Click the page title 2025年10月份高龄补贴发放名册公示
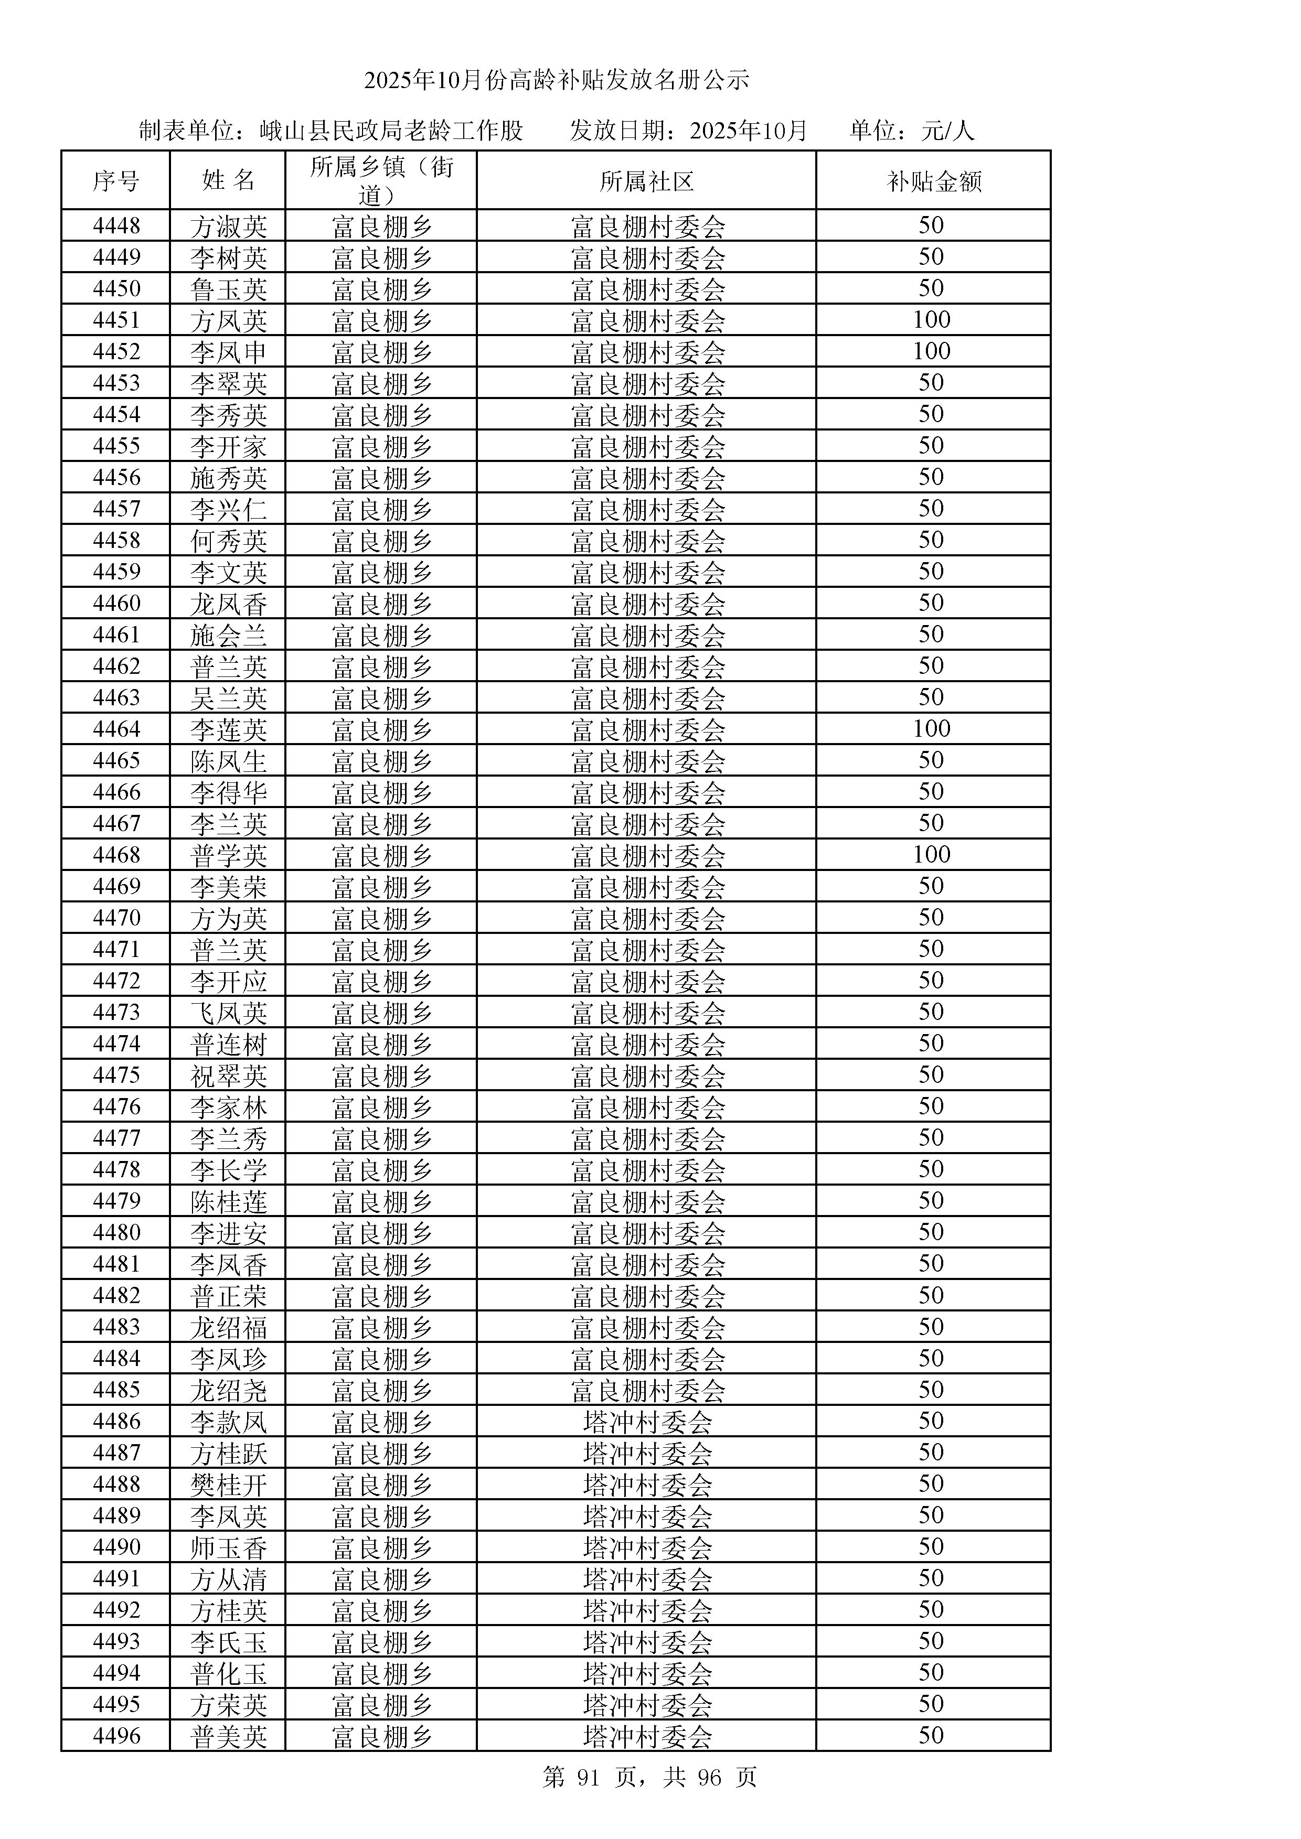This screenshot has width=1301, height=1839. pos(556,80)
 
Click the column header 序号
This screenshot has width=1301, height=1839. pos(115,181)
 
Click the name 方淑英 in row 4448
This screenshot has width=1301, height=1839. pos(228,227)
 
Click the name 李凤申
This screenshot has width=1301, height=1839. pos(228,352)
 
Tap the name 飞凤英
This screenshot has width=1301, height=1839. pos(228,1013)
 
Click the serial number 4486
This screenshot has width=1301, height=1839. pos(116,1421)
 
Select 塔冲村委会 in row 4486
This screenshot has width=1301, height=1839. pos(647,1422)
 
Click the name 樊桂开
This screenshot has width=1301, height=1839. pos(228,1484)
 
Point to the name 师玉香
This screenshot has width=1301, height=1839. pos(228,1547)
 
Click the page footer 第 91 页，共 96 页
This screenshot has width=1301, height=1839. pos(649,1777)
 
